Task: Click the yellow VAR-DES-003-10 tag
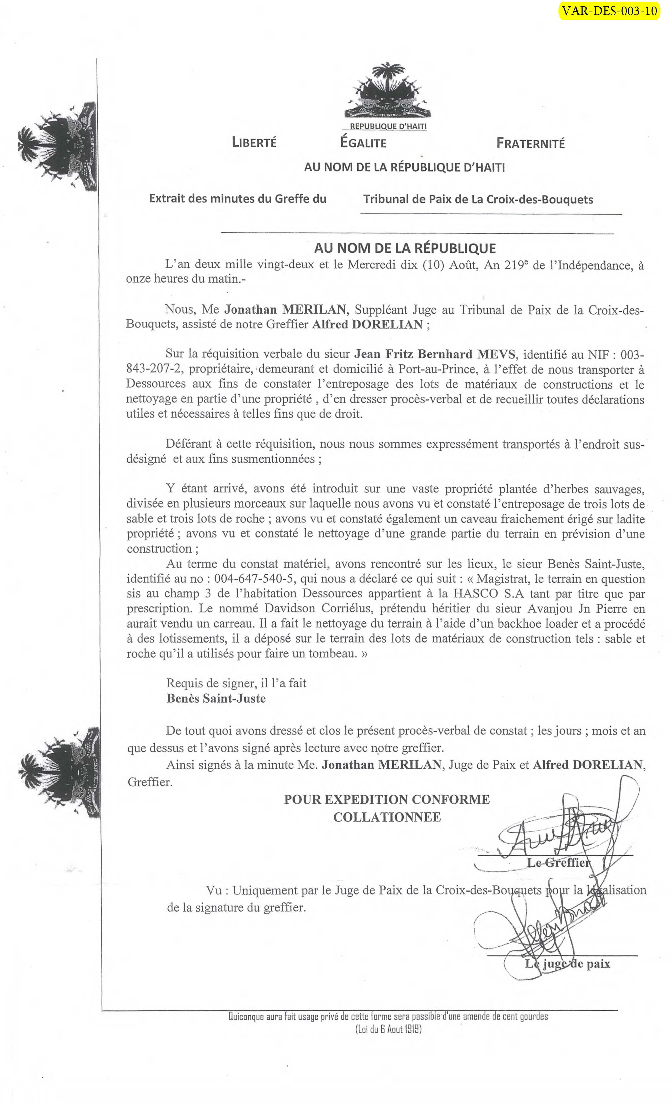[609, 11]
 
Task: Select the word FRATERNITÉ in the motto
[530, 143]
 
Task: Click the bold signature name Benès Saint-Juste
[216, 698]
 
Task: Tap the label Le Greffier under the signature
[558, 862]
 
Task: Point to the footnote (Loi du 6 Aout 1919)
[388, 1029]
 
